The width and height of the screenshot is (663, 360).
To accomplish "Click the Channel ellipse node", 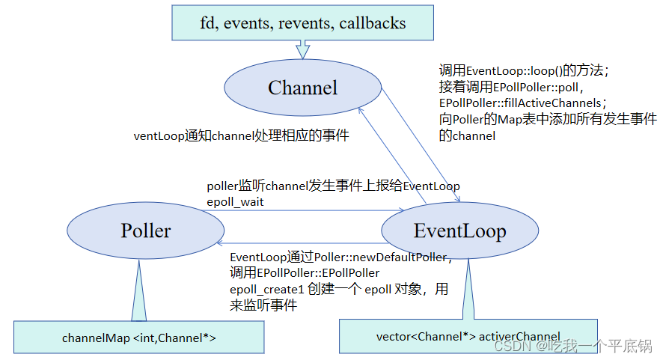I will click(302, 88).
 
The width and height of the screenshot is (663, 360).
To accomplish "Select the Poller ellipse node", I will click(146, 231).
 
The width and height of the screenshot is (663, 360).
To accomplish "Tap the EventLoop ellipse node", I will click(459, 231).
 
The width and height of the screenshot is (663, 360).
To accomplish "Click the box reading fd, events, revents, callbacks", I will click(302, 23).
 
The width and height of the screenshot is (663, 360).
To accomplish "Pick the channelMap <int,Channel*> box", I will click(139, 338).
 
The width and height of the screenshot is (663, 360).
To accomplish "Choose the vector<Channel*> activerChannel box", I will click(468, 336).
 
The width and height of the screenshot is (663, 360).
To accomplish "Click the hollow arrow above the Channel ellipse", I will click(302, 49).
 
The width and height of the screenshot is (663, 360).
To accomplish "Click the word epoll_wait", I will click(236, 201).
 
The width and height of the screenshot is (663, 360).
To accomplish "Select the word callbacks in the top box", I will click(373, 23).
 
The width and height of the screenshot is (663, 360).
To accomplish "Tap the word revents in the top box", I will click(306, 23).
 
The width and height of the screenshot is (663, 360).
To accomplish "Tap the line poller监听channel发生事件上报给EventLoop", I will click(333, 186).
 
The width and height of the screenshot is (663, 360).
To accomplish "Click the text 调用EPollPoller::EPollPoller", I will click(305, 273).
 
